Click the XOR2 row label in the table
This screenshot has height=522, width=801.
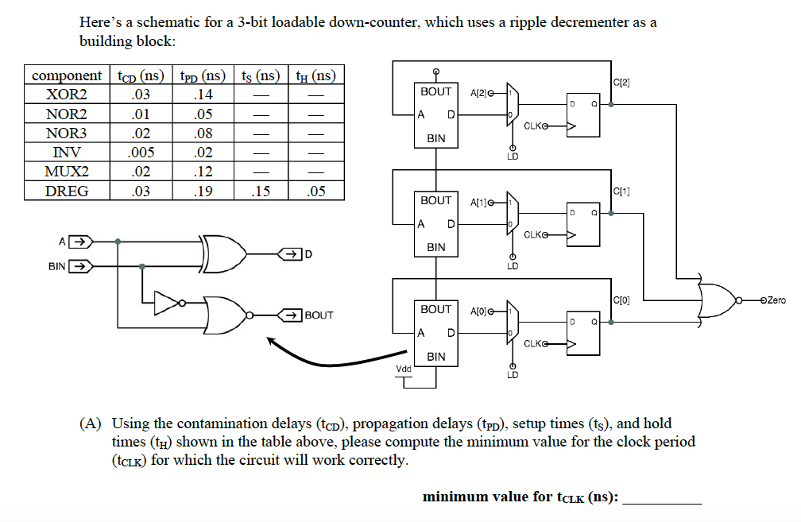[x=67, y=95]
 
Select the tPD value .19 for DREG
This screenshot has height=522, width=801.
[x=204, y=191]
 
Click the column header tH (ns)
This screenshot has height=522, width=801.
[x=315, y=76]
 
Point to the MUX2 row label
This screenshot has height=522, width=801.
[x=67, y=172]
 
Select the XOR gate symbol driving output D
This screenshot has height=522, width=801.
[x=224, y=253]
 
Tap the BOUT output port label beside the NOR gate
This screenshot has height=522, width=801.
[x=319, y=315]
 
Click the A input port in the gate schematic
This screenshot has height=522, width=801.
[x=77, y=241]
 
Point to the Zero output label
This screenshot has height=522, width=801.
[x=774, y=300]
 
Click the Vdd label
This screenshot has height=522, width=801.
[x=404, y=369]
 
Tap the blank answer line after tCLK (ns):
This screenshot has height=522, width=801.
[x=663, y=499]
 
